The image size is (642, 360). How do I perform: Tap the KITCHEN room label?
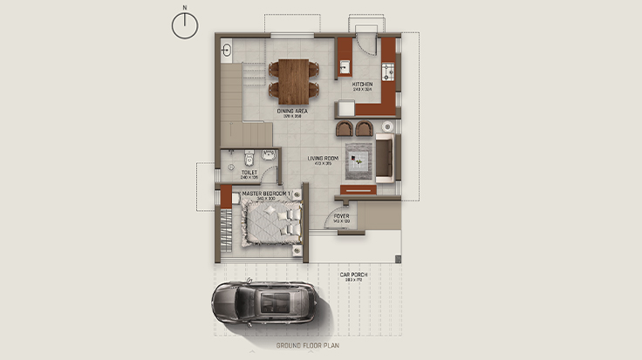[362, 85]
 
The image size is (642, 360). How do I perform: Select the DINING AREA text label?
[292, 112]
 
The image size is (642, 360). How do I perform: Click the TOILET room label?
[249, 173]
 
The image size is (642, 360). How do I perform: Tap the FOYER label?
[341, 218]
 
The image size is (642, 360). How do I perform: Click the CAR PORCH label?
[355, 275]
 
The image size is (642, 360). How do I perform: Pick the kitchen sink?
[345, 65]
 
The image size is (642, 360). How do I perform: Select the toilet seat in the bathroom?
[249, 159]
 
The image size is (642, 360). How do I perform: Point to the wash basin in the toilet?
[268, 158]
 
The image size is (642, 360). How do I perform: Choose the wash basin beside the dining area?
[226, 49]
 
